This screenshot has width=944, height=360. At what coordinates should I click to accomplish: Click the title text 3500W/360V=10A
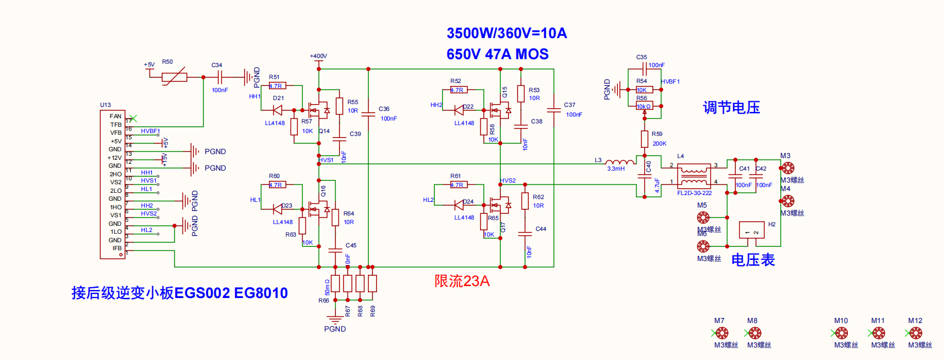(506, 34)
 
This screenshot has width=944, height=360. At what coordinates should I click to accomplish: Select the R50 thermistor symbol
(174, 77)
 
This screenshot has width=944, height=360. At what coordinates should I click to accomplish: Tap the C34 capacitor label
(217, 65)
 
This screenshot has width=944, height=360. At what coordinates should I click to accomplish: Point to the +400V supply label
(318, 56)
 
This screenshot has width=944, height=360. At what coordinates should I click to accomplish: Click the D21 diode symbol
(278, 110)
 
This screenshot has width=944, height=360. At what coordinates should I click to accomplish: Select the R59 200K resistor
(644, 139)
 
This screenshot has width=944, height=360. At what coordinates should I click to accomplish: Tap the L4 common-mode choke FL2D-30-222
(694, 176)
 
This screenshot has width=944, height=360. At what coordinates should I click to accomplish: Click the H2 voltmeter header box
(751, 230)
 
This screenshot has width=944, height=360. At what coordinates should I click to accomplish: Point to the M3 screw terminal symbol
(788, 168)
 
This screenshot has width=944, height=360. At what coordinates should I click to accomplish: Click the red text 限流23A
(462, 282)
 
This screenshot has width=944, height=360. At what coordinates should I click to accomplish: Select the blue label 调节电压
(731, 107)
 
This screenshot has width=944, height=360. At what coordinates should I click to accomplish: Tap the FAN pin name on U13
(115, 117)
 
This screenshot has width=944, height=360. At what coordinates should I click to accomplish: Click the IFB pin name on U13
(117, 249)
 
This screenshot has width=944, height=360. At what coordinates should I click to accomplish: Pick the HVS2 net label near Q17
(508, 181)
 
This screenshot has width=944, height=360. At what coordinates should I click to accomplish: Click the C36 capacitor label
(384, 109)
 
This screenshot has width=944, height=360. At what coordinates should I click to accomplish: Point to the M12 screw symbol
(916, 333)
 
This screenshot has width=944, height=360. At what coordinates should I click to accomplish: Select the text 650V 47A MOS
(497, 55)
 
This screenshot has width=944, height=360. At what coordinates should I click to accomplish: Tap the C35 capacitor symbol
(644, 69)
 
